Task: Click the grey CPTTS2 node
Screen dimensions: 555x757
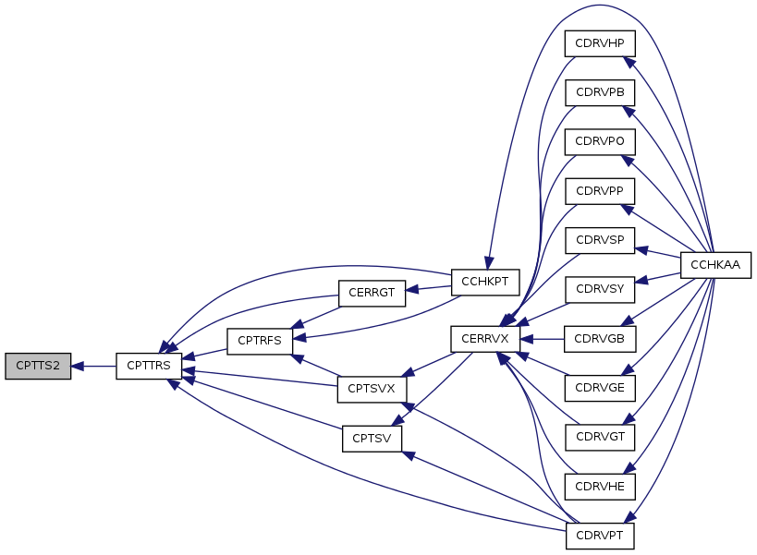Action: click(38, 366)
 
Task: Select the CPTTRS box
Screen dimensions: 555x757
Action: click(148, 366)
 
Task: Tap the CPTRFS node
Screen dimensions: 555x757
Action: click(260, 340)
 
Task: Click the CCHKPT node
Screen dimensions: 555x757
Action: click(485, 281)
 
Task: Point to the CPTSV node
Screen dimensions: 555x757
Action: click(372, 437)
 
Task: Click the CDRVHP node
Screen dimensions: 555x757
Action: click(600, 43)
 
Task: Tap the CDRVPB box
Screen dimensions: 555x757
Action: click(600, 92)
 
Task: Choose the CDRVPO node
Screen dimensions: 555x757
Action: click(600, 141)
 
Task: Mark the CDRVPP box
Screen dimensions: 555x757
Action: click(600, 190)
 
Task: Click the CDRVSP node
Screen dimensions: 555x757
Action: click(600, 240)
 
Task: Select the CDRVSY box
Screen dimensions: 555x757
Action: click(600, 289)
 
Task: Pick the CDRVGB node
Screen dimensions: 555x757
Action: click(600, 339)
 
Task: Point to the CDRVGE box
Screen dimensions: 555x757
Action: click(600, 388)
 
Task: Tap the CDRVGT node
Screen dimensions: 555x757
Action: click(600, 437)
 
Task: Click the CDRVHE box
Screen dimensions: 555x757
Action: click(600, 486)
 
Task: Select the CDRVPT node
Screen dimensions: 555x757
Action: click(600, 536)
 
